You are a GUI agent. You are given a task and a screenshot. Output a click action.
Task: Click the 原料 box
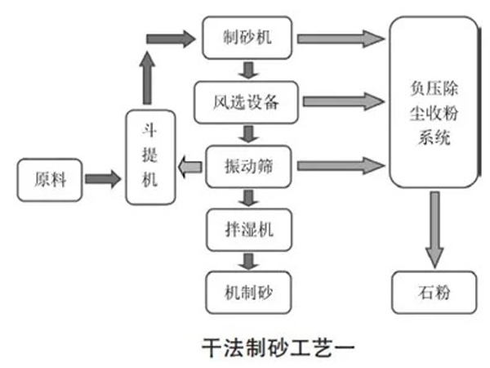47,178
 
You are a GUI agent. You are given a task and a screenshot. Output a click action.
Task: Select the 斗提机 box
151,157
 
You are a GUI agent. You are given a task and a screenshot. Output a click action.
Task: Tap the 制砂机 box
247,38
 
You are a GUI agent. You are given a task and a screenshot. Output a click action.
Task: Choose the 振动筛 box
247,166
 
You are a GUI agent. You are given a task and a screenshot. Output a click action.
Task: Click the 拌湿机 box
247,230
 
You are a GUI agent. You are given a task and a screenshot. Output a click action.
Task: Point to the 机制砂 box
247,291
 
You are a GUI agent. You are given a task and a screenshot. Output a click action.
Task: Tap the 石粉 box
433,291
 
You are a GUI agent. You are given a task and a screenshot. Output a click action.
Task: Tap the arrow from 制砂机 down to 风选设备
247,70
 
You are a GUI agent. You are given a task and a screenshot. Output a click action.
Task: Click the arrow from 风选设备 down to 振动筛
247,133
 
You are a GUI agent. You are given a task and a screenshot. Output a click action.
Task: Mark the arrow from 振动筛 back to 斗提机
191,168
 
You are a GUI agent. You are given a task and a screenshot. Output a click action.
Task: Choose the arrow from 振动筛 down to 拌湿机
247,198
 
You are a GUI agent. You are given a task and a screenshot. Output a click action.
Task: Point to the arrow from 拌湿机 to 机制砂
247,261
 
